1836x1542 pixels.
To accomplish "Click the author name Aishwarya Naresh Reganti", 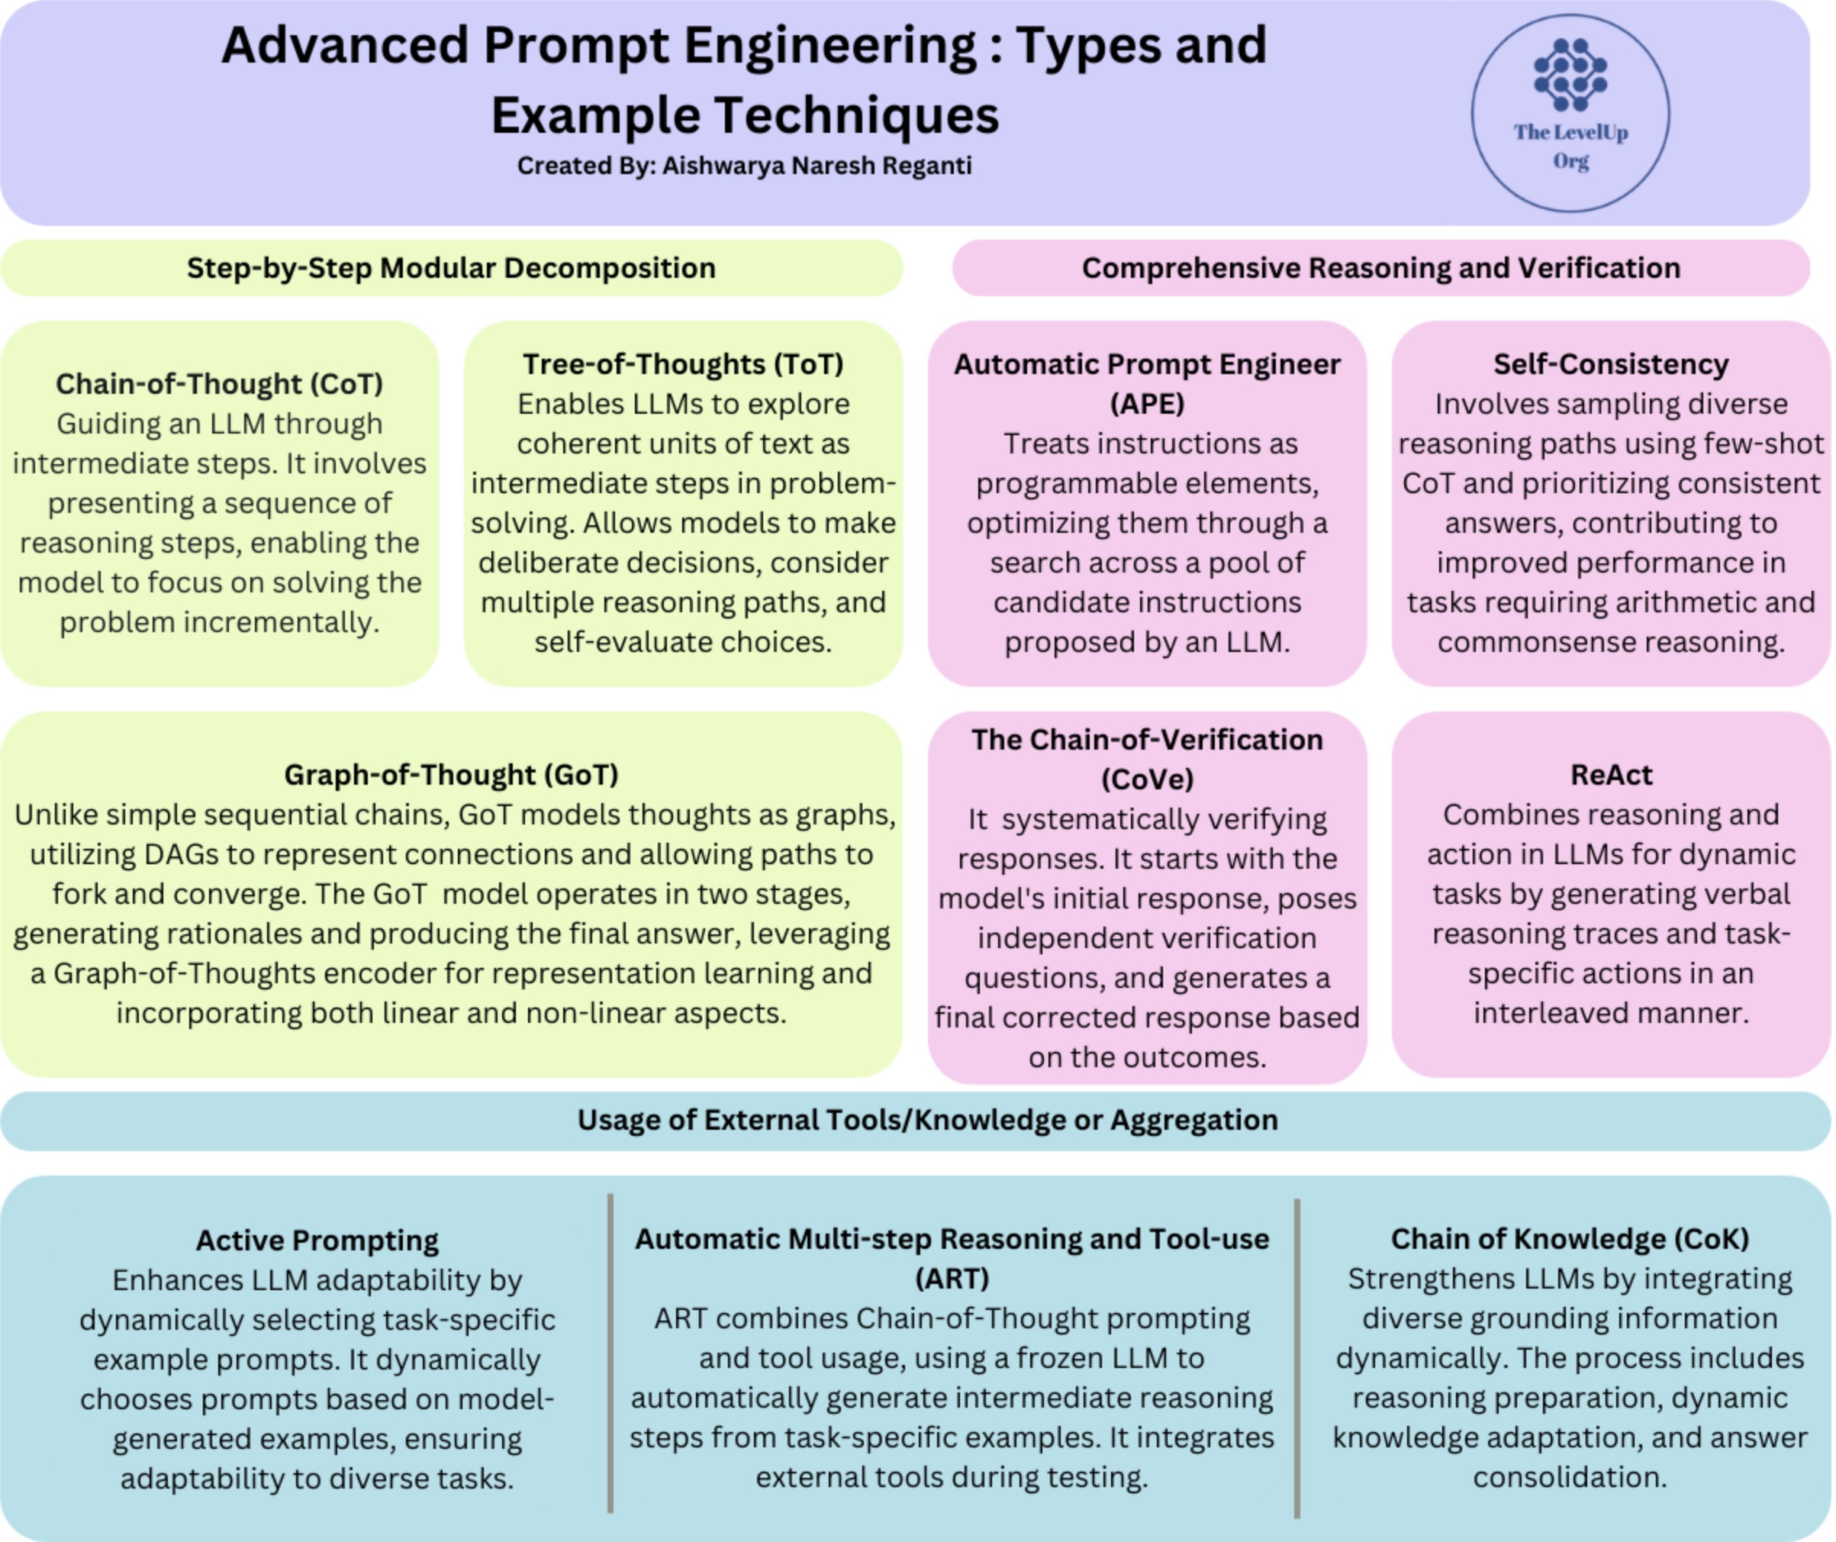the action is [817, 166].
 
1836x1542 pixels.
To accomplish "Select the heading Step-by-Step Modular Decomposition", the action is [451, 268].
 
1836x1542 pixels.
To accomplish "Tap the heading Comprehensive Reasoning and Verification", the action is [1381, 268].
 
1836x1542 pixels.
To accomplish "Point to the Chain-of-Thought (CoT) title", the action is [220, 384].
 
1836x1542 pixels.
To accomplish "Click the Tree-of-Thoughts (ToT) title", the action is [684, 364].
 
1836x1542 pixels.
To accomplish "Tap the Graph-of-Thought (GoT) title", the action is [451, 775].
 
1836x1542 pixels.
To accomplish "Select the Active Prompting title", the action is [317, 1240].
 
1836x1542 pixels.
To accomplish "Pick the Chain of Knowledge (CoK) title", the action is [1570, 1238].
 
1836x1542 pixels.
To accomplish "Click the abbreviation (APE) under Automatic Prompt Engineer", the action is [1147, 404].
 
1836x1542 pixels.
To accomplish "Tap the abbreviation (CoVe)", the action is [1147, 779].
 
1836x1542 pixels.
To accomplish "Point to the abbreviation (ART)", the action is [952, 1279].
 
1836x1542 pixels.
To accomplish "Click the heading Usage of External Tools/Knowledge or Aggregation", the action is [928, 1121].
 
